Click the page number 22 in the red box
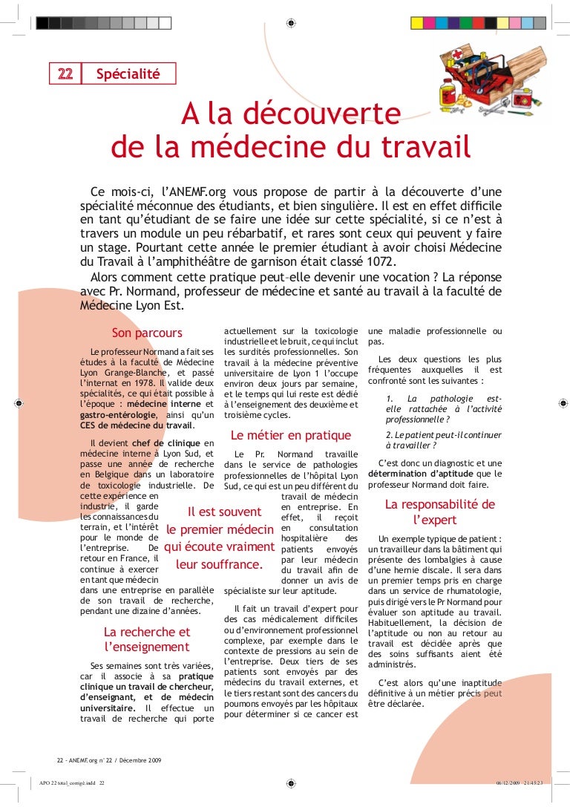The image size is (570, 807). point(65,73)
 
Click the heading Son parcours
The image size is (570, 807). point(147,333)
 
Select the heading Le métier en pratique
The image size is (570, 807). point(291,435)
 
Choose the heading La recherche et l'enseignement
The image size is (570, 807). point(147,639)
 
